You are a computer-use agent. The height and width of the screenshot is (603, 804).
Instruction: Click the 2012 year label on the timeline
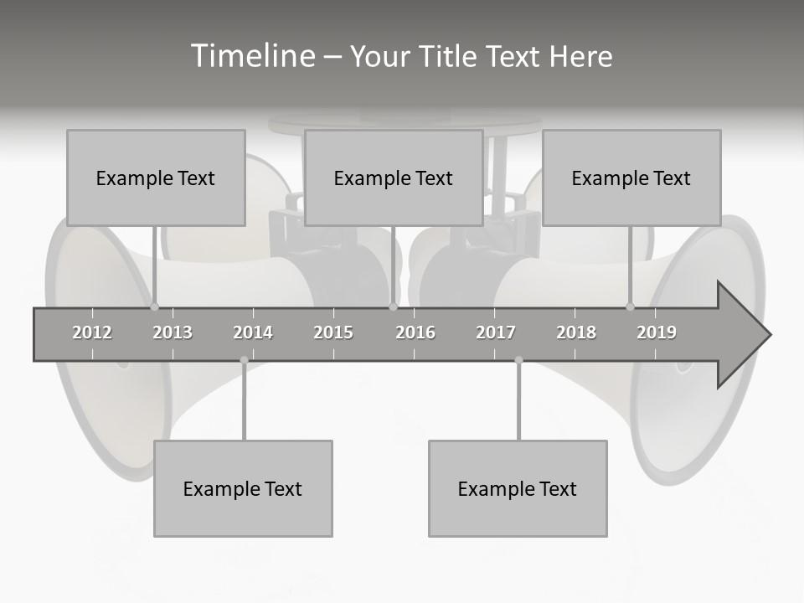92,332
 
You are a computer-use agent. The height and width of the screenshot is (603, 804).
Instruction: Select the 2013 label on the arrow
173,332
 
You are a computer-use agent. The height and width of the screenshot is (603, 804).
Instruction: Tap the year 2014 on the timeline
253,332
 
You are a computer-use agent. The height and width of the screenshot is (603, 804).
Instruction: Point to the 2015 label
333,332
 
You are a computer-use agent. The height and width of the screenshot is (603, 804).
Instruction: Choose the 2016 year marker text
415,332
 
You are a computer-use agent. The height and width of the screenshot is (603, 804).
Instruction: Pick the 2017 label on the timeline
496,332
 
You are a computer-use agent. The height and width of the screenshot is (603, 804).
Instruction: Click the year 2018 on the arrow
576,332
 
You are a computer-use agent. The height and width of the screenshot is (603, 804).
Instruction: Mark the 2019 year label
657,332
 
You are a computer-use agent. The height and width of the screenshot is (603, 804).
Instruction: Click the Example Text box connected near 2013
156,178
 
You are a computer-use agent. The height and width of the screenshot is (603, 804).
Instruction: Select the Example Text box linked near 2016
394,178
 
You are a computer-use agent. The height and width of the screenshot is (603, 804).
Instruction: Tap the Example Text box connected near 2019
631,178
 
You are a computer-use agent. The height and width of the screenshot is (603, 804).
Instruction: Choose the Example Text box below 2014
243,488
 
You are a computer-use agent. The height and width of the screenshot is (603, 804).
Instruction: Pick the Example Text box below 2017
518,488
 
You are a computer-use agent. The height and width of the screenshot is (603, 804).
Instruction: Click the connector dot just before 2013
155,307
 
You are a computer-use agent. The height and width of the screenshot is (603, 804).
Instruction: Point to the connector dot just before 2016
393,307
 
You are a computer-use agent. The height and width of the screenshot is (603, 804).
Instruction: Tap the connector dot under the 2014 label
244,360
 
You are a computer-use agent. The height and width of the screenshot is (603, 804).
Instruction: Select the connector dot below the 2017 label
518,360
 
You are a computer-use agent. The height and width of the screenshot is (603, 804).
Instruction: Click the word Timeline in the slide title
251,56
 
